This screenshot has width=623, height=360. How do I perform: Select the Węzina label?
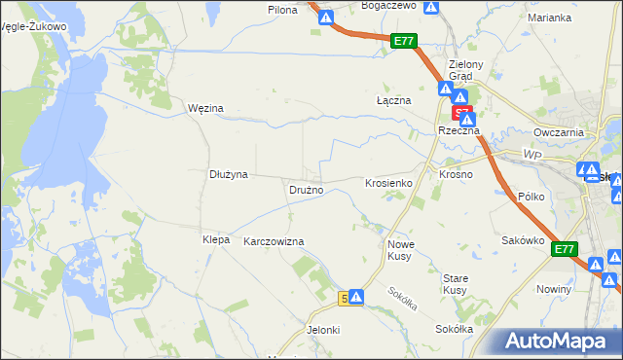[x=205, y=108]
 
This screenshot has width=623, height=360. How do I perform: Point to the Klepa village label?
[x=215, y=239]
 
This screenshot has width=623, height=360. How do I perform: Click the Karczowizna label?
[x=274, y=241]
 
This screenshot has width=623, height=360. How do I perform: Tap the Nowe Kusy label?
[x=401, y=250]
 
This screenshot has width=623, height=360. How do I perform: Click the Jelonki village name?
[x=323, y=330]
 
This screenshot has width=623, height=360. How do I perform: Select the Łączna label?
[x=394, y=100]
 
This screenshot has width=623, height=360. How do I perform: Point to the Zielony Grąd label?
[x=459, y=71]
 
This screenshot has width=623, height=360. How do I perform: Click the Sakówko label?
[x=521, y=239]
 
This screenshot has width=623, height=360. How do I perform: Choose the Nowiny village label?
[x=553, y=290]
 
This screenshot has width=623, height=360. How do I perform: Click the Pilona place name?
[x=282, y=9]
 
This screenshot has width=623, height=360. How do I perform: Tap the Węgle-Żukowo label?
[x=34, y=26]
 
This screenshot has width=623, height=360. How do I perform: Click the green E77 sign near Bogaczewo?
[x=405, y=41]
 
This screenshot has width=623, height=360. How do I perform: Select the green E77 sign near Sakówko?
[x=565, y=250]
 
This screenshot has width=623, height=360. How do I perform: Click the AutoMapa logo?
[x=559, y=342]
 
